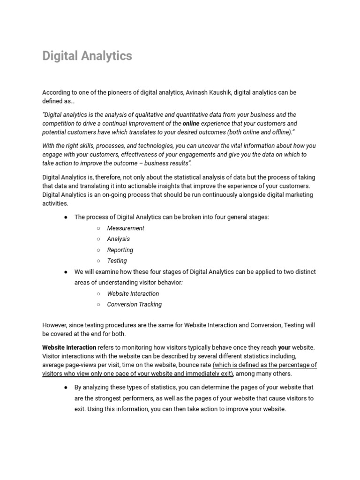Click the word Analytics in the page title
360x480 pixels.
pyautogui.click(x=107, y=56)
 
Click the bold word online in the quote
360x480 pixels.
pyautogui.click(x=191, y=123)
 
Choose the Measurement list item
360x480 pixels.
pyautogui.click(x=126, y=228)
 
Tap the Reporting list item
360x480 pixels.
pyautogui.click(x=120, y=250)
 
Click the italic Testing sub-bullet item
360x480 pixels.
pyautogui.click(x=117, y=261)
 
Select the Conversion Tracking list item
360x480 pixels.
pyautogui.click(x=134, y=304)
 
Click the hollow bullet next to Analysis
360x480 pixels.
pyautogui.click(x=98, y=239)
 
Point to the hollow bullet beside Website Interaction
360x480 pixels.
pyautogui.click(x=98, y=294)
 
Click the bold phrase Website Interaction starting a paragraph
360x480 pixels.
pyautogui.click(x=69, y=347)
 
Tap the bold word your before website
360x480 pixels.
pyautogui.click(x=284, y=347)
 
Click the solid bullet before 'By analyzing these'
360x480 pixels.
pyautogui.click(x=66, y=388)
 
